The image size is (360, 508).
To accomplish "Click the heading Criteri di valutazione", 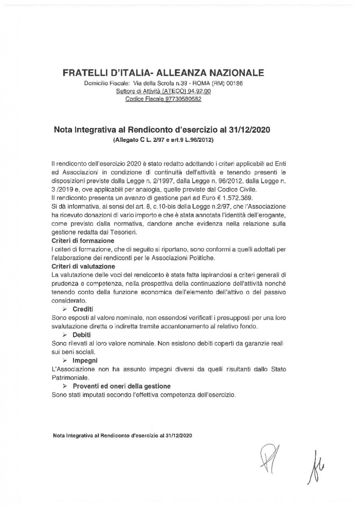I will coord(79,266).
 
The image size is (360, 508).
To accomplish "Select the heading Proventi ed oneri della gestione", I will coord(122,386).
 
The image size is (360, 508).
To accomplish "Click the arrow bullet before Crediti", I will coord(65,309).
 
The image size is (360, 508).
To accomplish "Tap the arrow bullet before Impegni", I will coord(65,360).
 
